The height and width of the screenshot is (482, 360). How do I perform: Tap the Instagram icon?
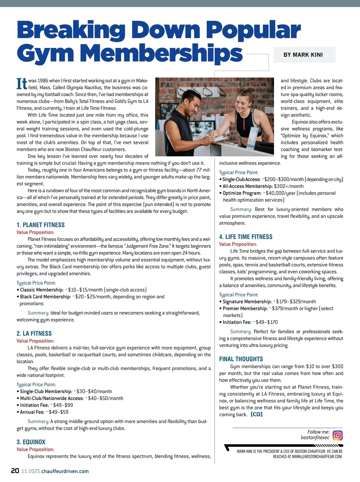[x=337, y=435]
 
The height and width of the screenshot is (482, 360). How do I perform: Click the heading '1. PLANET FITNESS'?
[x=40, y=225]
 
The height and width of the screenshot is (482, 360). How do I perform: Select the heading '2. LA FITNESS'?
[x=34, y=334]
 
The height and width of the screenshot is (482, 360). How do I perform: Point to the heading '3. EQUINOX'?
[x=31, y=442]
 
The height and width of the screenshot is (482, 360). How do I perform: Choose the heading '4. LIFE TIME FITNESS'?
[x=246, y=237]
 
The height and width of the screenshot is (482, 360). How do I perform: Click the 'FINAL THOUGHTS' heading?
[x=241, y=359]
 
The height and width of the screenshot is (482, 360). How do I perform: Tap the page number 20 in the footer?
[x=15, y=471]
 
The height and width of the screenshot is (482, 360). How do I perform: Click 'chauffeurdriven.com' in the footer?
[x=65, y=471]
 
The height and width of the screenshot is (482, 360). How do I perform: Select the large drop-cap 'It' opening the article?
[x=22, y=84]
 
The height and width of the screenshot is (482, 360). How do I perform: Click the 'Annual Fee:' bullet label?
[x=32, y=412]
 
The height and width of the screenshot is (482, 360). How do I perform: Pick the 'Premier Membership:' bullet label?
[x=245, y=309]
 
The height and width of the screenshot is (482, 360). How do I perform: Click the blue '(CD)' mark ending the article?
[x=256, y=414]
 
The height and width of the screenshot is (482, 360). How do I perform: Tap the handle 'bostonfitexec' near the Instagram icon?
[x=315, y=438]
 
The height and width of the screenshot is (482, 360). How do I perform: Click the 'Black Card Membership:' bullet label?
[x=45, y=297]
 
